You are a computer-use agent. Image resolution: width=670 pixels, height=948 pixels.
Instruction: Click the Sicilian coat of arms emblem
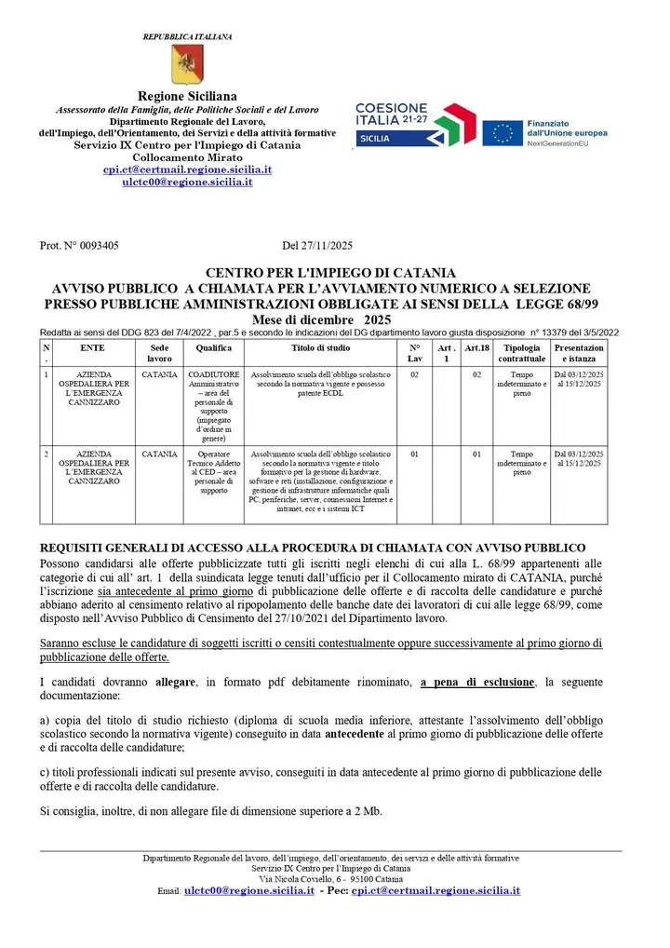(x=187, y=64)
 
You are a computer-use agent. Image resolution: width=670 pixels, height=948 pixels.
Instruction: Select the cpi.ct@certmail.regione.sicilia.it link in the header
(x=187, y=170)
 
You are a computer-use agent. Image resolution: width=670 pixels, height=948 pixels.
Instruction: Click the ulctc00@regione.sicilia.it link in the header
(x=187, y=183)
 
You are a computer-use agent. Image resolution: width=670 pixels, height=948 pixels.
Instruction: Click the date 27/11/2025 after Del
(x=328, y=247)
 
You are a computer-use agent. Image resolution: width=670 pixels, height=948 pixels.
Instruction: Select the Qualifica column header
(x=214, y=347)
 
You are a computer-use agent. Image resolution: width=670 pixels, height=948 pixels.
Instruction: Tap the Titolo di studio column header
(x=321, y=347)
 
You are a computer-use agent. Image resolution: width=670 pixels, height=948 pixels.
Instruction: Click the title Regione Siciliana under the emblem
(x=187, y=97)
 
